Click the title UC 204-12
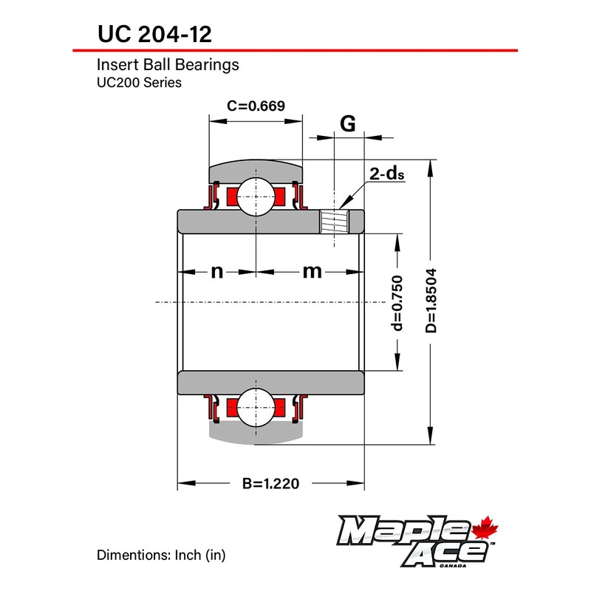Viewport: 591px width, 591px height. (154, 34)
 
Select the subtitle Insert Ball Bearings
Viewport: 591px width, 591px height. (168, 65)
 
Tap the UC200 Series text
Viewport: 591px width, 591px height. (139, 83)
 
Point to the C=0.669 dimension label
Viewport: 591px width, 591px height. (256, 106)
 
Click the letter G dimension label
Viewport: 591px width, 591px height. (347, 123)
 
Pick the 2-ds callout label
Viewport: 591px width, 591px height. (386, 174)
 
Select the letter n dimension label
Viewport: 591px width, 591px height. (216, 271)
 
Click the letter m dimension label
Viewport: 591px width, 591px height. (312, 271)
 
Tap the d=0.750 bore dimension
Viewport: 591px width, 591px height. (397, 303)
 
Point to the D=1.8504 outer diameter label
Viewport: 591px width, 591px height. (431, 301)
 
